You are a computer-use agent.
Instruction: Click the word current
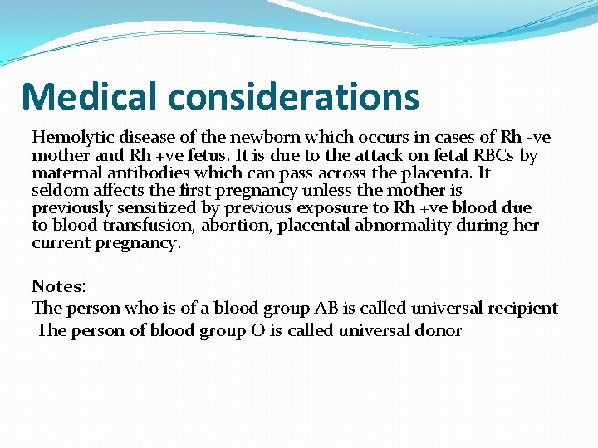tap(60, 244)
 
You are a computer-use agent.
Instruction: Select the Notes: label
tap(59, 286)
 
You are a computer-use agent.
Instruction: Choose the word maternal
tap(63, 173)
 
